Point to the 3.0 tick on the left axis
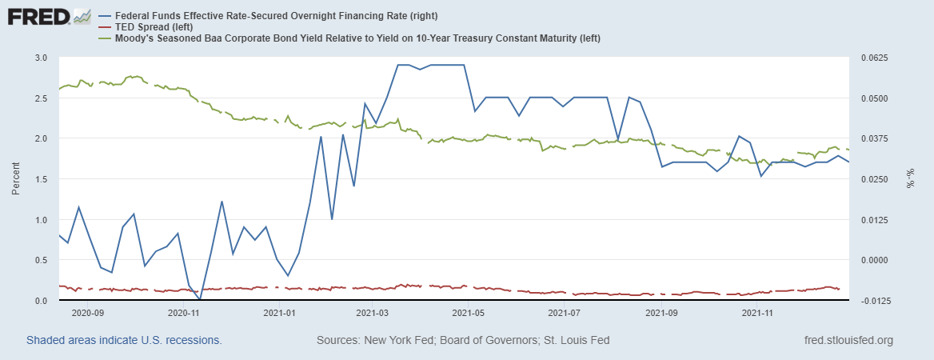[x=41, y=58]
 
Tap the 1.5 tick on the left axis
[x=41, y=179]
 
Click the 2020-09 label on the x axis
[x=89, y=314]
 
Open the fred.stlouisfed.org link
[x=847, y=340]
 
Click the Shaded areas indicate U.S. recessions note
[x=124, y=340]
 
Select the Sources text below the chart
[x=463, y=340]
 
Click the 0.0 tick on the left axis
[x=41, y=301]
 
